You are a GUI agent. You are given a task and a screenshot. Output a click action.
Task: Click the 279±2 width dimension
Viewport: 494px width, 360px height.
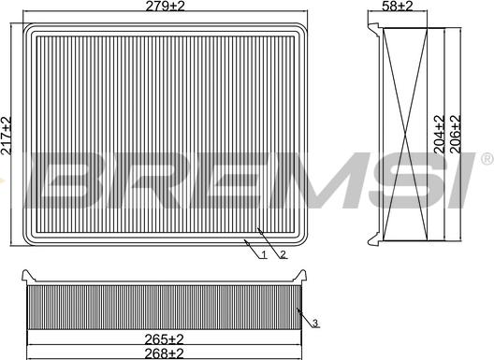(x=165, y=6)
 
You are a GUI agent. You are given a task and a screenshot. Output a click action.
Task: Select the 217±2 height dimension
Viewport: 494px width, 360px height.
(x=7, y=136)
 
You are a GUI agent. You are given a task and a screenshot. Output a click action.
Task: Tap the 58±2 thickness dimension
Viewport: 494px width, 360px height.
(x=397, y=6)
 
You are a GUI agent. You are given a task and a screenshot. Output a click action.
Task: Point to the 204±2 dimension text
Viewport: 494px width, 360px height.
(x=440, y=134)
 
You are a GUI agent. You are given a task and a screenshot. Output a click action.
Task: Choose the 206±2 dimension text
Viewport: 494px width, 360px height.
(x=456, y=134)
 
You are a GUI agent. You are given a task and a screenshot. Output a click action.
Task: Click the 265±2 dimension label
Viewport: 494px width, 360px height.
(x=164, y=339)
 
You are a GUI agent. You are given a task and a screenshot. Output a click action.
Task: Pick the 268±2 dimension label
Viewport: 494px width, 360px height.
(x=164, y=353)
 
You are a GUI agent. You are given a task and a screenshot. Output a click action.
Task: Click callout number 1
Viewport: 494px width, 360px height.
(x=264, y=254)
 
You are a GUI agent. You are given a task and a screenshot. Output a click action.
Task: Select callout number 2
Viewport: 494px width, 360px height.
(x=283, y=254)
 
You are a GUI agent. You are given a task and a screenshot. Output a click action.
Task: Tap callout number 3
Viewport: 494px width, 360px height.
(x=315, y=323)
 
